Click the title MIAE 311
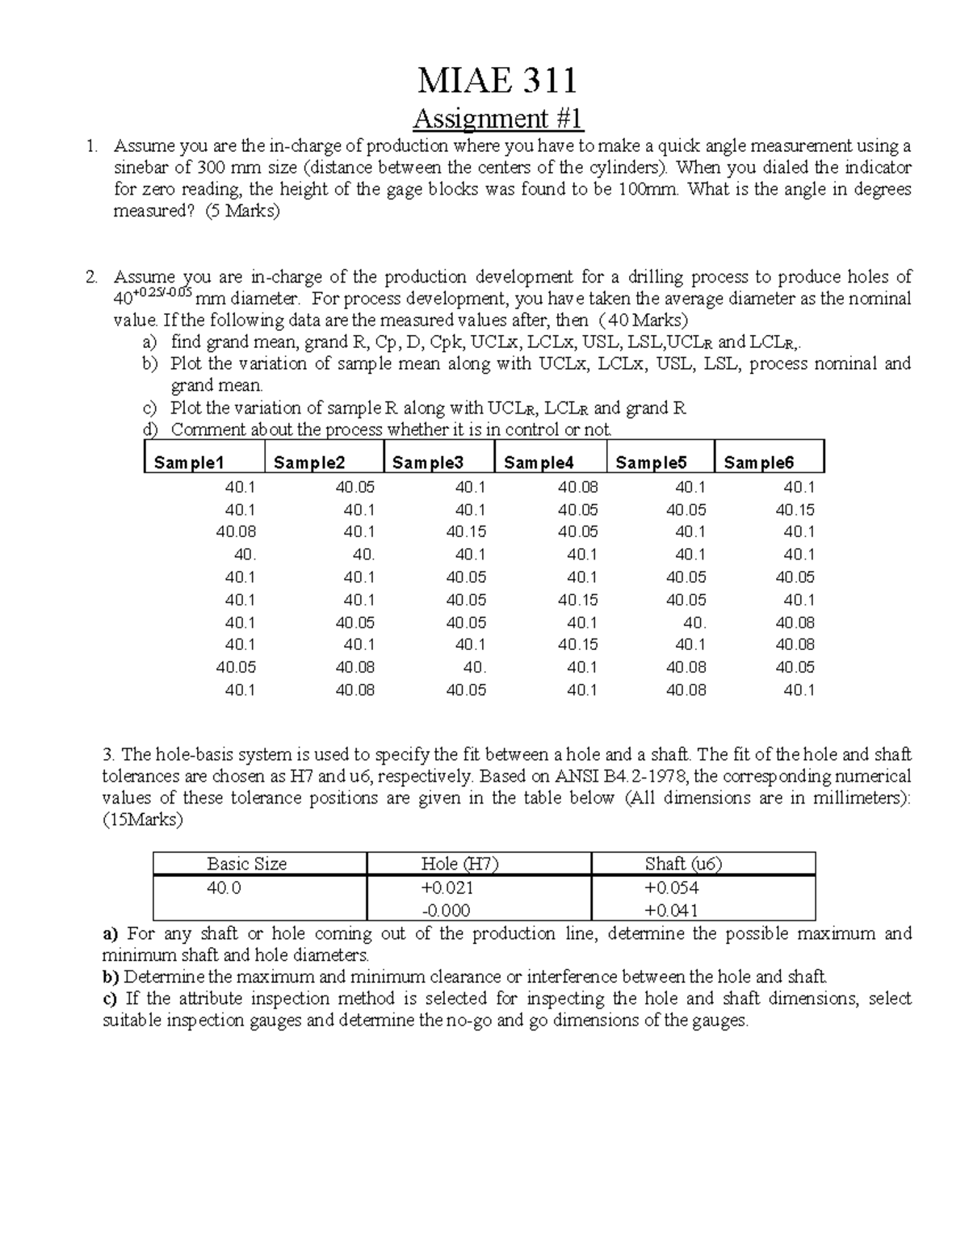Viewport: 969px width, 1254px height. pos(497,81)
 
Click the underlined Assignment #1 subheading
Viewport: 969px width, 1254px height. pos(497,119)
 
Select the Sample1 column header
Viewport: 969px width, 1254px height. pos(188,463)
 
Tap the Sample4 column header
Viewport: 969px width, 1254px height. pos(539,463)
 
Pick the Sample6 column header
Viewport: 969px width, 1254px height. pos(758,463)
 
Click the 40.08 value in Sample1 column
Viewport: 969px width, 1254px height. pos(236,532)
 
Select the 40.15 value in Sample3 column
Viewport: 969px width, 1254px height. pos(466,532)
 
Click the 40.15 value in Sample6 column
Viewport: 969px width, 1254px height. pos(795,510)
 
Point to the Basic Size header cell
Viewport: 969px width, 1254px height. pos(246,864)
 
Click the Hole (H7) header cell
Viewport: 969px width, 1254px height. pos(459,864)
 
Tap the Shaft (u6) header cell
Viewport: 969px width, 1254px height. pos(683,864)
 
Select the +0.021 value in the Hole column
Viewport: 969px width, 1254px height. pos(447,888)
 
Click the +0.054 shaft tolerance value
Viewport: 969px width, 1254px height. pos(671,888)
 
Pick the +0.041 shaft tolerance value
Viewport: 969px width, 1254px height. pos(671,911)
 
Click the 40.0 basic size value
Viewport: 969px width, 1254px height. pos(224,888)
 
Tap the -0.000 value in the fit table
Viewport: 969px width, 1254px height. pos(447,911)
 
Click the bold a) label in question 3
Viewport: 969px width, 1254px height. pos(111,934)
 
